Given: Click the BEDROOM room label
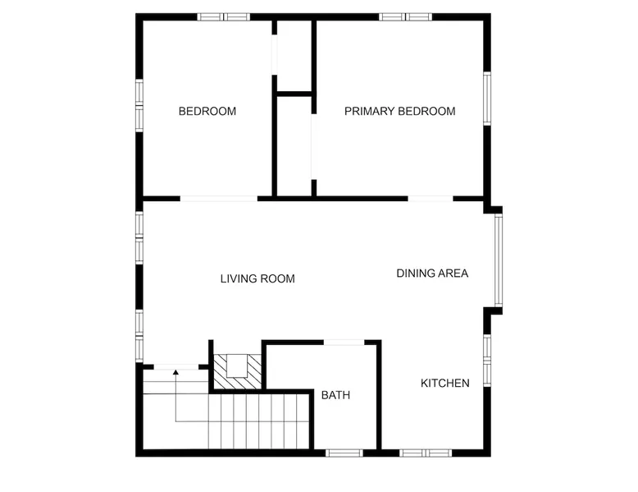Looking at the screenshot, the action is [207, 111].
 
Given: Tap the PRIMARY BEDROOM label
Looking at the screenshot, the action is [399, 111].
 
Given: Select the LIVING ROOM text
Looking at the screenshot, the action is [257, 278].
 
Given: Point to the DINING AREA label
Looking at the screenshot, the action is [432, 274].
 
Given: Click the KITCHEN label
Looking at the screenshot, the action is [444, 383].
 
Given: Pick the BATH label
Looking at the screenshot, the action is [335, 395].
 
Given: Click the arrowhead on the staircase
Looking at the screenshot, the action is [175, 372].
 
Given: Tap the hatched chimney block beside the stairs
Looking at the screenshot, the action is [238, 372].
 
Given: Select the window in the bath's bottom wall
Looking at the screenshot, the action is [344, 453].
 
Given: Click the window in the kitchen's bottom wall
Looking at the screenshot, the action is [426, 453].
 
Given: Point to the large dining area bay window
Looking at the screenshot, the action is [499, 260].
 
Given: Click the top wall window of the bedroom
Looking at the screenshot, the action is [224, 16].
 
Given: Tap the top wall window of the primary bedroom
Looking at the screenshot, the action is [406, 16].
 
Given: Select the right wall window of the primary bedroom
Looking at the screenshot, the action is [487, 99].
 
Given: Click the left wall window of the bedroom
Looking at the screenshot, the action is [139, 105].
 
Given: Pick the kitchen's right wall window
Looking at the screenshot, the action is [487, 360].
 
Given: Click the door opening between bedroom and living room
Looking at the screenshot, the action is [219, 199].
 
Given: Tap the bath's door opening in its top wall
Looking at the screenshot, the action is [344, 343].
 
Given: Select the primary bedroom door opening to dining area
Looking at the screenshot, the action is [431, 199].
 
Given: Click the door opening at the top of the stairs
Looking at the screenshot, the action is [175, 367].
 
